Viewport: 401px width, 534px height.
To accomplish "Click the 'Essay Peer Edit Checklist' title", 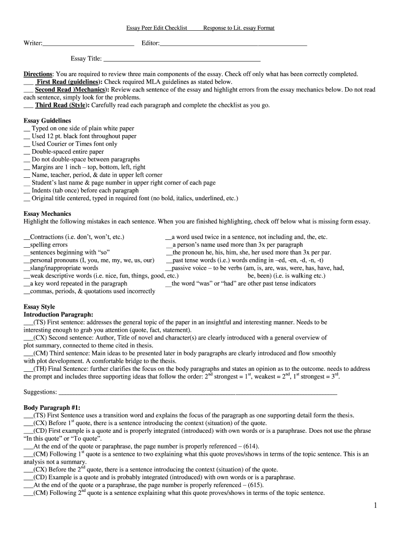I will click(157, 28).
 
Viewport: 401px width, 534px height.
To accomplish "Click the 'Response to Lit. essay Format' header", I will click(239, 28).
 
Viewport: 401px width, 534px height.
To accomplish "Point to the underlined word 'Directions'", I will click(38, 75).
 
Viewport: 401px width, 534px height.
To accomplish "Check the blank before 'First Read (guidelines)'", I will click(28, 82).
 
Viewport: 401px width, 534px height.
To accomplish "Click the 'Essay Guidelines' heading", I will click(47, 120).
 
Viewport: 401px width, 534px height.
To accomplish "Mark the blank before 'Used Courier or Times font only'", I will click(27, 144).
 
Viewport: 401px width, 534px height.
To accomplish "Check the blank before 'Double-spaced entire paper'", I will click(27, 152).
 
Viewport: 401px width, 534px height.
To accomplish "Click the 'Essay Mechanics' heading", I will click(47, 214).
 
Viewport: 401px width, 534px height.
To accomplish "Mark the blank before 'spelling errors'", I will click(27, 245).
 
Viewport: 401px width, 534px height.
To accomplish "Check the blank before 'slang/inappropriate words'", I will click(27, 268).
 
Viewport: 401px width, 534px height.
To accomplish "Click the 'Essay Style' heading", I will click(40, 307).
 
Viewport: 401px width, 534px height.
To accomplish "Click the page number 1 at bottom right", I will click(375, 505).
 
